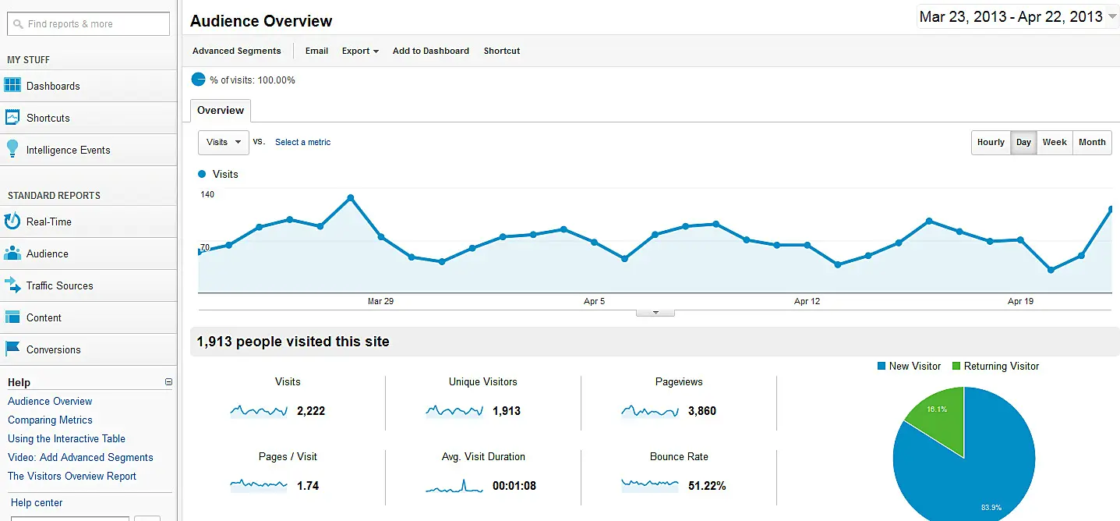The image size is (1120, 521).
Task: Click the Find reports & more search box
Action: [88, 24]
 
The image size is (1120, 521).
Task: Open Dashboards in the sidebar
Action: [53, 86]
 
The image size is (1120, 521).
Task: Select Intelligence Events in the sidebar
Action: [68, 150]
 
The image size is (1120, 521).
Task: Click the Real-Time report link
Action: [48, 222]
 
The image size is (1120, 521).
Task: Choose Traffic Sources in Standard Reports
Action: [59, 285]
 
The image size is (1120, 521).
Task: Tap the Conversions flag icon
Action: [12, 349]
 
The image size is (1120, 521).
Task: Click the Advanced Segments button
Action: [236, 51]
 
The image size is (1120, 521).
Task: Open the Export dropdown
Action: [360, 51]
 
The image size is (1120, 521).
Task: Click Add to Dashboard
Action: [430, 51]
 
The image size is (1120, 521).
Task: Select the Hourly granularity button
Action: [991, 142]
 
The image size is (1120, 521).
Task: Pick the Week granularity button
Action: [1055, 142]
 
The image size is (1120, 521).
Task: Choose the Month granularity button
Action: [1092, 142]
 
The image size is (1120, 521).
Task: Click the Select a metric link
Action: [302, 142]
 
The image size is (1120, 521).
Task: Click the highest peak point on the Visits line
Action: [351, 197]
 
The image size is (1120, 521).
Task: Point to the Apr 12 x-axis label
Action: [807, 301]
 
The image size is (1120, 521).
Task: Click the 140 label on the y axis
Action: [207, 194]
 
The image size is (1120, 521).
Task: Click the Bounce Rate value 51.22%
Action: [707, 486]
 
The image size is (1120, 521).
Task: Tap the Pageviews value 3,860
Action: [701, 411]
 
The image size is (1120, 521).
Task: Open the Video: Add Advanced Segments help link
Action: [80, 457]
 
